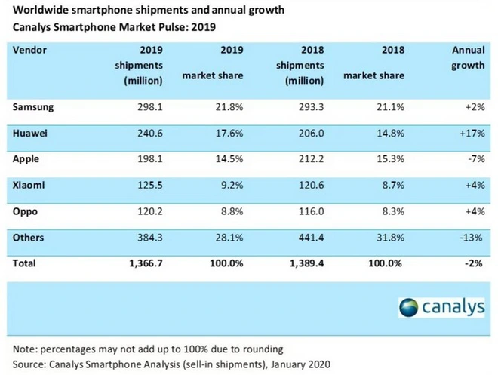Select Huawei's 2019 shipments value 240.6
pyautogui.click(x=146, y=134)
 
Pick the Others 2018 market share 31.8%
pyautogui.click(x=391, y=238)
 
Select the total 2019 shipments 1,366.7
pyautogui.click(x=140, y=263)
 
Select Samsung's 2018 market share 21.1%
pyautogui.click(x=391, y=107)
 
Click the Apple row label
pyautogui.click(x=26, y=160)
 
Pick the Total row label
pyautogui.click(x=25, y=263)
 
